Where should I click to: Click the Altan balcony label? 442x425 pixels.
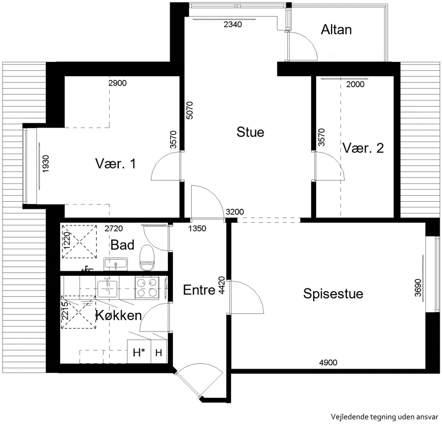[336, 30]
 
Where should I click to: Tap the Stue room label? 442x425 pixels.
[250, 132]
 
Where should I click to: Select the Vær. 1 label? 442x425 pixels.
[115, 164]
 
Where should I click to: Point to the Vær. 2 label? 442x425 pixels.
[363, 148]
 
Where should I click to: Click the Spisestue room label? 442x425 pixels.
[333, 294]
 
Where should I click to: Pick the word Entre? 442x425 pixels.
[199, 290]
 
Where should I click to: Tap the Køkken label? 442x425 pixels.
[119, 315]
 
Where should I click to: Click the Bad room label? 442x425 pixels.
[122, 245]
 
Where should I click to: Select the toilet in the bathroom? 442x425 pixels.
[147, 258]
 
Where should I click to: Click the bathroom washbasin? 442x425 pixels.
[115, 264]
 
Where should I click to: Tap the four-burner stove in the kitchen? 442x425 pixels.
[147, 288]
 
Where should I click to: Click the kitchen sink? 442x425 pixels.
[107, 289]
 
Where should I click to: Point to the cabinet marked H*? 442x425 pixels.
[139, 351]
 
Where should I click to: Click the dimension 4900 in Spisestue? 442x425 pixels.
[328, 363]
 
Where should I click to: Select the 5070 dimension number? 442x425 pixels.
[190, 111]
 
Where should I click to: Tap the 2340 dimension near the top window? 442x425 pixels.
[233, 24]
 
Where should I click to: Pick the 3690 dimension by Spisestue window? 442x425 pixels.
[418, 288]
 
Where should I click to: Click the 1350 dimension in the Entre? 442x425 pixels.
[197, 228]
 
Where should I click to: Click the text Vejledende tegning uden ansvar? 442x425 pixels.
[385, 417]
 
